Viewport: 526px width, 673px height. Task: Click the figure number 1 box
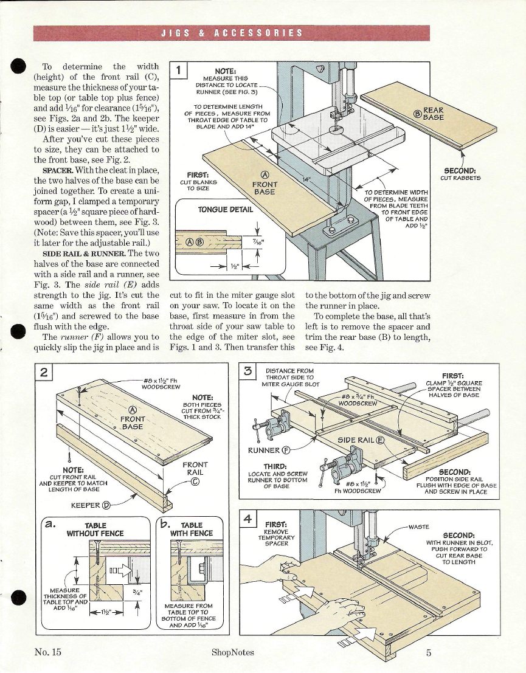(x=179, y=70)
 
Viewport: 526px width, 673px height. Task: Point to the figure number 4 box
(x=247, y=519)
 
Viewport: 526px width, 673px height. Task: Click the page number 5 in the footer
(x=428, y=653)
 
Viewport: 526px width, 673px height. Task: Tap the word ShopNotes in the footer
(x=233, y=653)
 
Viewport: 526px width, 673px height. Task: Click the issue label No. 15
(x=48, y=653)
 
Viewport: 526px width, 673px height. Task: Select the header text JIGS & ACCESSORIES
(x=231, y=33)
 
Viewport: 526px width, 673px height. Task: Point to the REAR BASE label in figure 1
(x=432, y=114)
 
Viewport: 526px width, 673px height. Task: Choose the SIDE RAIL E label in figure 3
(x=361, y=440)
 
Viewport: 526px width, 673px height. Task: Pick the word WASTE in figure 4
(x=418, y=526)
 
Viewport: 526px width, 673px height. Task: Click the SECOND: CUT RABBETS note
(x=461, y=174)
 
